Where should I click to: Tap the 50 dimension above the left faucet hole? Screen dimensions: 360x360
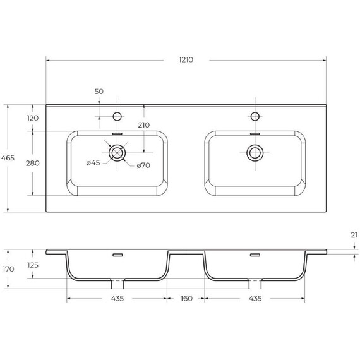99,92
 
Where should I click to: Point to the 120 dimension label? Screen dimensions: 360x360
33,118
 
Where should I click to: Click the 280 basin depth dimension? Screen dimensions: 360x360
33,164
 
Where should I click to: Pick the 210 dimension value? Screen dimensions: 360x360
143,125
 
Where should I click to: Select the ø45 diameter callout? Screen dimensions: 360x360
93,164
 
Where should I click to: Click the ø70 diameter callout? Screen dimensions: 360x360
142,166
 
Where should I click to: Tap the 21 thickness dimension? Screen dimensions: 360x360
354,235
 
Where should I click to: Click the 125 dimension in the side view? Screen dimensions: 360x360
33,265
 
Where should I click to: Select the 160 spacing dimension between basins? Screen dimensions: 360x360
185,298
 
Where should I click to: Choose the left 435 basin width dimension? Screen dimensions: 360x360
116,298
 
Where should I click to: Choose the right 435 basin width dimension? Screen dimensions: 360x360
254,298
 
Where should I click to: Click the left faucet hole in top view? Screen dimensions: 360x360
117,116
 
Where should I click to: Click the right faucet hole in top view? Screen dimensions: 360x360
255,116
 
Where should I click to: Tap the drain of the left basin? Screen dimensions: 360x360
117,152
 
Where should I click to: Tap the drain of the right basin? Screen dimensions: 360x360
255,152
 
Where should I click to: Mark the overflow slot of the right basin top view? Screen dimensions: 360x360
255,134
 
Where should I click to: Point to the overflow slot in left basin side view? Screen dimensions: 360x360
117,255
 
